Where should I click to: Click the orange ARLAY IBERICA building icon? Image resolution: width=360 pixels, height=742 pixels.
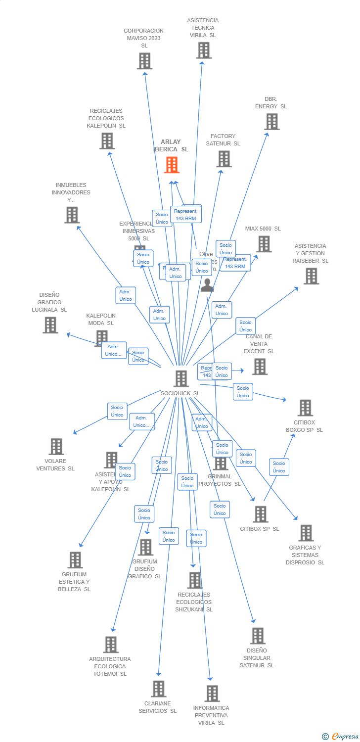[x=172, y=165]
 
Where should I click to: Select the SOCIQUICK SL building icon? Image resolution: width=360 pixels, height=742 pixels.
[x=181, y=378]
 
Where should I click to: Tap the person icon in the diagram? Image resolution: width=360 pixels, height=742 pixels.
[x=207, y=285]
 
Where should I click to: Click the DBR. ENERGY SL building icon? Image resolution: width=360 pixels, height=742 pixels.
[x=271, y=122]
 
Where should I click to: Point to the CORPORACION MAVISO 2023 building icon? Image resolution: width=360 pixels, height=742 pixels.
[x=144, y=61]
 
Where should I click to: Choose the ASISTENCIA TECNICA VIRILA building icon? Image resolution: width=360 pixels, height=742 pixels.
[x=203, y=50]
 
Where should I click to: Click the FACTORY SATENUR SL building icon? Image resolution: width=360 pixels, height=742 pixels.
[x=224, y=159]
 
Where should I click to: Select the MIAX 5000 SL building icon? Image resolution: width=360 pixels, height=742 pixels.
[x=264, y=244]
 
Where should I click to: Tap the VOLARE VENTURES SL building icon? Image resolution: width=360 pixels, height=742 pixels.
[x=56, y=446]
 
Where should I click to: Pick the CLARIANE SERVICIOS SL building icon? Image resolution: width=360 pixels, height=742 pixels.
[x=158, y=689]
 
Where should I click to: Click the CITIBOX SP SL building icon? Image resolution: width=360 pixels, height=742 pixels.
[x=260, y=514]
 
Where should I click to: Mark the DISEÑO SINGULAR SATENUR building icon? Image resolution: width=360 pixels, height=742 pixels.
[x=257, y=636]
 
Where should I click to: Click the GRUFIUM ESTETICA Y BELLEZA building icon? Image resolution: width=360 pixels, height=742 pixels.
[x=75, y=560]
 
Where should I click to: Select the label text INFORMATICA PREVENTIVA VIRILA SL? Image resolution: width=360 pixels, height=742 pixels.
[x=211, y=715]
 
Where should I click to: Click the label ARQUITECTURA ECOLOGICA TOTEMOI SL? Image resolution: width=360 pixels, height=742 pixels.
[x=110, y=666]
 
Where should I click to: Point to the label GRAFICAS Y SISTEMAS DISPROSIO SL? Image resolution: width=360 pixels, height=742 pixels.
[x=305, y=555]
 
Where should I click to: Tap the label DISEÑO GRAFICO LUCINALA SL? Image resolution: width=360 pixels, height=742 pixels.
[x=49, y=302]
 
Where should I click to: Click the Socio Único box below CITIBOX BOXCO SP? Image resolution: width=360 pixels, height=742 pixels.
[x=279, y=467]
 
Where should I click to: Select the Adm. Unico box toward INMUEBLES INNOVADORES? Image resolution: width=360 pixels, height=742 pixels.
[x=126, y=295]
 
